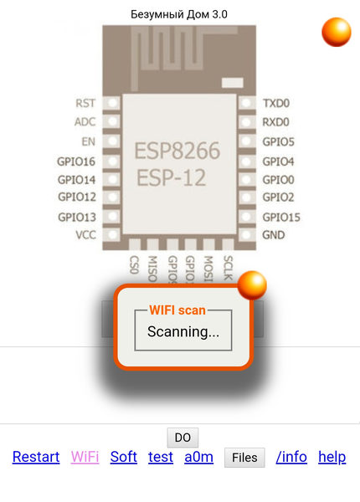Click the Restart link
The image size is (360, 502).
tap(36, 457)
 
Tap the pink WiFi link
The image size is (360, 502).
tap(85, 457)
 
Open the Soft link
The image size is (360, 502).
tap(124, 457)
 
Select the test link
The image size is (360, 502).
tap(161, 457)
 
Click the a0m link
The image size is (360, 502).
tap(199, 457)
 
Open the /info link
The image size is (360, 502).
tap(291, 457)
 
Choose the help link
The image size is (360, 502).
tap(332, 457)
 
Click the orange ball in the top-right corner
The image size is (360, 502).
tap(337, 32)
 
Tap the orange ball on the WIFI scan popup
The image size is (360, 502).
tap(252, 285)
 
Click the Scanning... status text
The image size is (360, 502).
tap(183, 331)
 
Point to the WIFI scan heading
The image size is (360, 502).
tap(177, 310)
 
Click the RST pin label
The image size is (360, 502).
tap(85, 103)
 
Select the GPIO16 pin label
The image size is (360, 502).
tap(76, 161)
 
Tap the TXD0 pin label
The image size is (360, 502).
tap(276, 103)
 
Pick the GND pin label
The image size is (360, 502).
tap(274, 235)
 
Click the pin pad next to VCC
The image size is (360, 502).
tap(112, 234)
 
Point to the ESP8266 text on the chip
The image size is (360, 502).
tap(177, 151)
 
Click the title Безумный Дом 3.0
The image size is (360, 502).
tap(179, 14)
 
